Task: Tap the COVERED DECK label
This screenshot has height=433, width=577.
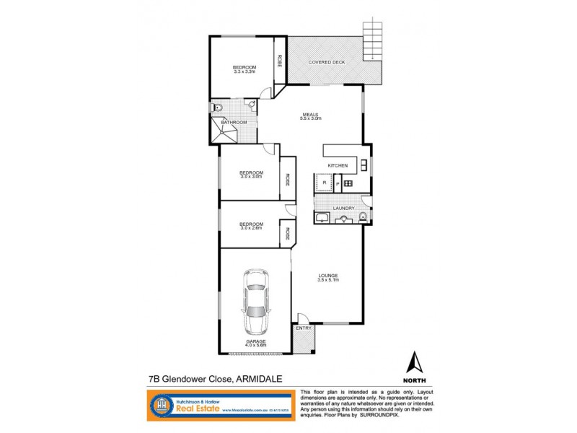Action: tap(327, 63)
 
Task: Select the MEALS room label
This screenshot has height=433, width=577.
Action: tap(311, 113)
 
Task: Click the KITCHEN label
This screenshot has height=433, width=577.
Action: tap(338, 166)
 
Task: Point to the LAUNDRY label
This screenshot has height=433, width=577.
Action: tap(343, 209)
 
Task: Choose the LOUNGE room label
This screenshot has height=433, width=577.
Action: tap(328, 275)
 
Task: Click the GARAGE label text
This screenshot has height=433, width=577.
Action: tap(255, 341)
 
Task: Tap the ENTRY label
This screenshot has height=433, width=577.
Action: tap(304, 328)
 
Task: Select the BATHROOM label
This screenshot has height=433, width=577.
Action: tap(234, 123)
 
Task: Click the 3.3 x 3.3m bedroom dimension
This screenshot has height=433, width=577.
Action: tap(245, 71)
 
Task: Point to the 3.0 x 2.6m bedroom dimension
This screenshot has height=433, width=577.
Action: tap(252, 228)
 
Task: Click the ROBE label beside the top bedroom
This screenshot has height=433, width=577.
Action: tap(279, 61)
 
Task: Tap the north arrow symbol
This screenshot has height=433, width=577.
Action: tap(414, 362)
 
